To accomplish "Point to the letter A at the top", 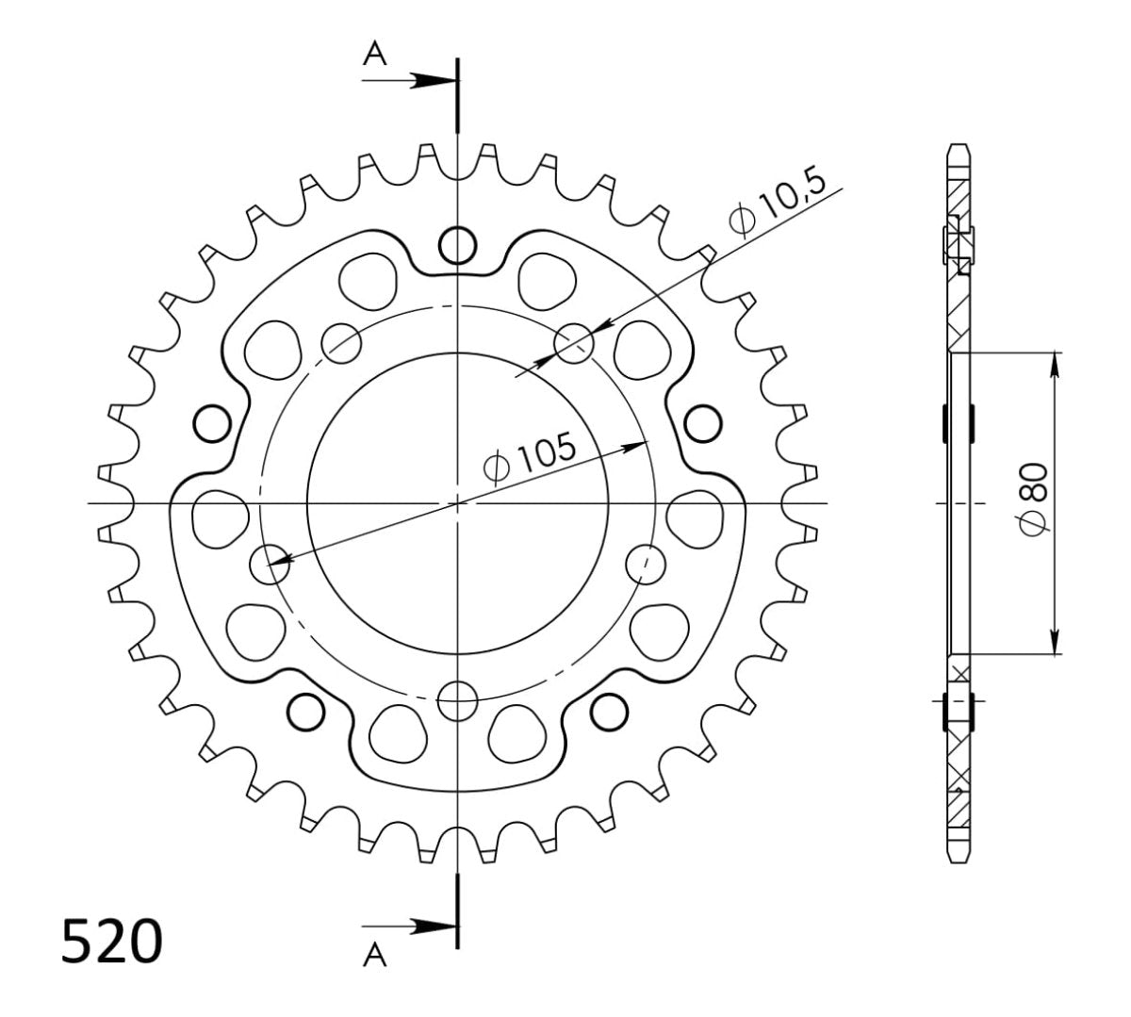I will click(x=375, y=57).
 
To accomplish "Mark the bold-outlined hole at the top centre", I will click(x=457, y=245).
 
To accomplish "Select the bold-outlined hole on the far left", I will click(x=211, y=424).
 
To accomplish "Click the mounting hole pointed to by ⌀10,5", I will click(x=574, y=344).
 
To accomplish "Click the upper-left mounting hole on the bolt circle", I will click(x=340, y=344).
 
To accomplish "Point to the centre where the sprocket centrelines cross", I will click(x=457, y=503).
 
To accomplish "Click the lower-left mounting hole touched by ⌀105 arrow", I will click(x=270, y=564).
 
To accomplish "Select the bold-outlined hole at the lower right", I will click(x=610, y=711).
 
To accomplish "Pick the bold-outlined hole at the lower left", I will click(x=305, y=711).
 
